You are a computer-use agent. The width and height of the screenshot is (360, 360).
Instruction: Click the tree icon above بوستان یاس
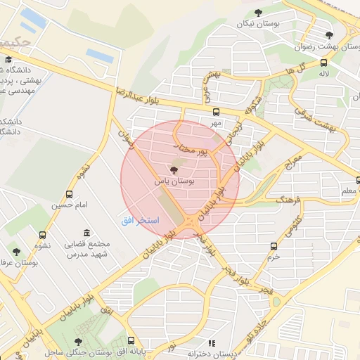pos(174,169)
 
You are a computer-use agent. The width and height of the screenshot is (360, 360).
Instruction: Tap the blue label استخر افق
pos(133,221)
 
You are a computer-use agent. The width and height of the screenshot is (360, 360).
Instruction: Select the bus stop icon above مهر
pos(215,112)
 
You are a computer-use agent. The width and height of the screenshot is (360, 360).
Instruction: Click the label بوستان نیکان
pos(255,23)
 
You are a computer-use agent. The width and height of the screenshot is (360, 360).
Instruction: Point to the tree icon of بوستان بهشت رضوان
pos(330,34)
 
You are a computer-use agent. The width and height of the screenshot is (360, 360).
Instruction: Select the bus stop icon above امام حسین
pos(68,194)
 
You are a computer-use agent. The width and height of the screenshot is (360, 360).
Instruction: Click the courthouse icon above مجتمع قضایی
pos(86,233)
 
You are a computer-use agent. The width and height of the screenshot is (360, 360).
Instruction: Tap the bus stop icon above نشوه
pos(43,236)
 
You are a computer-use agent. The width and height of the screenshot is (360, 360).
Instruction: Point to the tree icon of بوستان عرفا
pos(16,250)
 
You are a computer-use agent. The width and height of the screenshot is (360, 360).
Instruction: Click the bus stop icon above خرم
pos(274,246)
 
